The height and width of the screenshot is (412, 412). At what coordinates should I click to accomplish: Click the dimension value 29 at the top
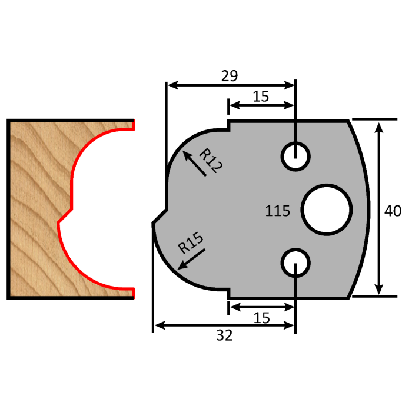[230, 75]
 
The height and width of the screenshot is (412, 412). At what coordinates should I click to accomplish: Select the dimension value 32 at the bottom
[224, 335]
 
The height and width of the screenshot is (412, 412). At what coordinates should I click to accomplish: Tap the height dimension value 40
[392, 210]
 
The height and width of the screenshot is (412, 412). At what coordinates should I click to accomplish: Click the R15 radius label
[191, 243]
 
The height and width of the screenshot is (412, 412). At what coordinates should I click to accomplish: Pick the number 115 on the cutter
[278, 210]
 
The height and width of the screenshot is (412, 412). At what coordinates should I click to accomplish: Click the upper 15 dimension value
[261, 97]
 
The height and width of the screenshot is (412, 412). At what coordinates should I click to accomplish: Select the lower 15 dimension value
[261, 318]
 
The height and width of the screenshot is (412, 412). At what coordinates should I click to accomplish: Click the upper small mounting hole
[295, 156]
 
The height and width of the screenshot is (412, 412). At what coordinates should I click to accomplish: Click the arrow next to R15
[190, 258]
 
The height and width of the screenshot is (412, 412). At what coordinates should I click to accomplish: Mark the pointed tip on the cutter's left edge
[154, 223]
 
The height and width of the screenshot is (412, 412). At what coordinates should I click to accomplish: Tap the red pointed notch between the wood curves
[59, 221]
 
